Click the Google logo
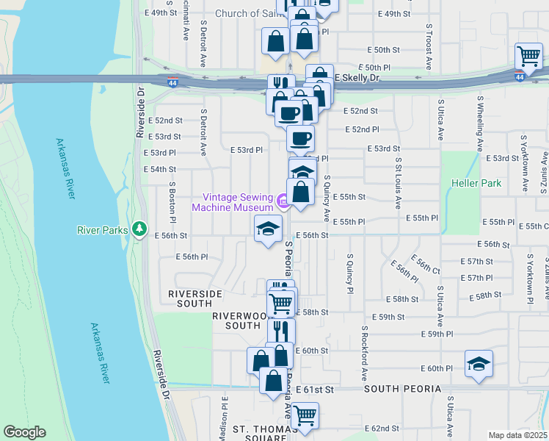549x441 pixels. (24, 432)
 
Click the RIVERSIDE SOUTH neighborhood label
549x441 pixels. (194, 298)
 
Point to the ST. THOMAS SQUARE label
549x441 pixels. (259, 433)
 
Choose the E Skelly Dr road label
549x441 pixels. (357, 77)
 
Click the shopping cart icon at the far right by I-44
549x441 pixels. (528, 54)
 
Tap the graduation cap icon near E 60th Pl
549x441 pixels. (479, 363)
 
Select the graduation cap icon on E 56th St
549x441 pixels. (268, 228)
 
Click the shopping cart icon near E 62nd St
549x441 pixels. (305, 415)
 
